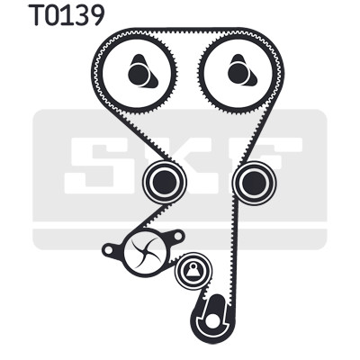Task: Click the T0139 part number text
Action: (x=67, y=15)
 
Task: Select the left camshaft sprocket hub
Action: (x=139, y=74)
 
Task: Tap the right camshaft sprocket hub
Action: (x=239, y=74)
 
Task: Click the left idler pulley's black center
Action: (x=164, y=182)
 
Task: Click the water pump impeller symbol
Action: (x=146, y=252)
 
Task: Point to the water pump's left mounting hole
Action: (x=108, y=249)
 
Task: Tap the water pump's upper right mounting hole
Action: (x=177, y=236)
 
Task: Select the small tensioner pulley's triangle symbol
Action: (x=193, y=271)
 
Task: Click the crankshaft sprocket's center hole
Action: (x=212, y=321)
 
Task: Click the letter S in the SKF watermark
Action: (x=91, y=166)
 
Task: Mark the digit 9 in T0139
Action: (x=95, y=15)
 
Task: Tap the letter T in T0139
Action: (x=37, y=15)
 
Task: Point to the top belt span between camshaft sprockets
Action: (x=189, y=31)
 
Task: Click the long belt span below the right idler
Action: (x=233, y=252)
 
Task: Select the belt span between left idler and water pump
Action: (x=156, y=215)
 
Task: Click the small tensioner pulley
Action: (x=193, y=271)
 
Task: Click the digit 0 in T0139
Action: (x=57, y=15)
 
